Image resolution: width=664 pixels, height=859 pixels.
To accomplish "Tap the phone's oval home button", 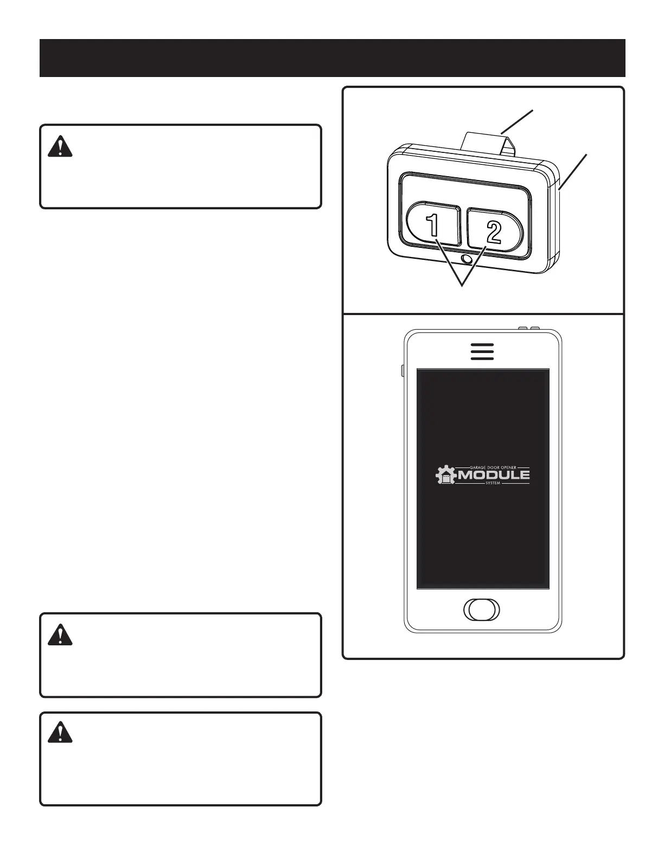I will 482,609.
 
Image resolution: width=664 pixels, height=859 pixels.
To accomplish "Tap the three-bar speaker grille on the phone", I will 482,351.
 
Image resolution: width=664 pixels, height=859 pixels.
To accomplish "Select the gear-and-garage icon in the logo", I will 445,476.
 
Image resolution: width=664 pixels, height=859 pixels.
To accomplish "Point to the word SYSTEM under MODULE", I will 493,483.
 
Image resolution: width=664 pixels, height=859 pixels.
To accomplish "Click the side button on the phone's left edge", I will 403,370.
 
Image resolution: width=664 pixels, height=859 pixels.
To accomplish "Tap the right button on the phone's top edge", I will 534,328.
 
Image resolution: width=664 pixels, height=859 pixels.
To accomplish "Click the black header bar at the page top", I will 332,58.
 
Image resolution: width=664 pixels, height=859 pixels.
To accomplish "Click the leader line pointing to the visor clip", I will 518,121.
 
